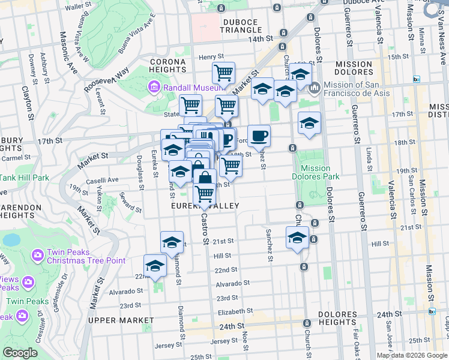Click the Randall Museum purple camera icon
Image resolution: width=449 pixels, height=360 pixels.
[154, 88]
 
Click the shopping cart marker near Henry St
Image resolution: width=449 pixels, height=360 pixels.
[223, 73]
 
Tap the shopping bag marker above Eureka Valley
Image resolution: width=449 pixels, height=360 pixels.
[205, 178]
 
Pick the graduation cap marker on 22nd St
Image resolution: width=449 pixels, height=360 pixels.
[155, 266]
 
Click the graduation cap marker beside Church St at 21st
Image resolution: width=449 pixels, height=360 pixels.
[297, 237]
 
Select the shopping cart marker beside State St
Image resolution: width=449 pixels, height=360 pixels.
[190, 105]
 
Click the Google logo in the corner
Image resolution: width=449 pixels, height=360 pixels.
[20, 353]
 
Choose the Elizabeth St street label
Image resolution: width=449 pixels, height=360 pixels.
[232, 312]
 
